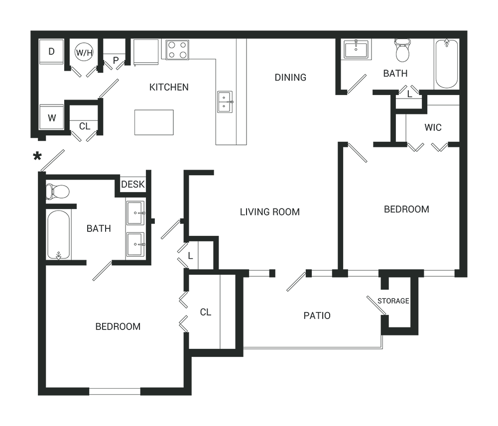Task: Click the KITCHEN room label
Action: tap(169, 87)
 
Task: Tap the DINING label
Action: tap(290, 77)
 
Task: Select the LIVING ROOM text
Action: tap(270, 212)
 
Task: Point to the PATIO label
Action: tap(317, 316)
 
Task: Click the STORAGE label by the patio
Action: tap(393, 301)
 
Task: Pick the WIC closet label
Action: tap(433, 127)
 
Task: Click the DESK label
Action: tap(132, 185)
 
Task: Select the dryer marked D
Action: tap(51, 51)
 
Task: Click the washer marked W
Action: tap(51, 118)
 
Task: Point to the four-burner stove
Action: tap(178, 50)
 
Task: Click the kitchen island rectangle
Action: tap(154, 122)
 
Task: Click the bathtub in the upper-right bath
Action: tap(446, 64)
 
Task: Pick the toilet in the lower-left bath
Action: tap(57, 191)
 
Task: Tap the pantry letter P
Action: tap(116, 61)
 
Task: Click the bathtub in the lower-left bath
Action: tap(59, 234)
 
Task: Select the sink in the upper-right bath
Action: tap(356, 50)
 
